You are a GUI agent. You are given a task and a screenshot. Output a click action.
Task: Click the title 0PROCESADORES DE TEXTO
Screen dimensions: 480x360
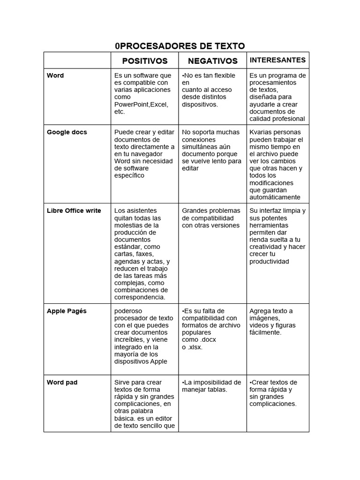pyautogui.click(x=180, y=45)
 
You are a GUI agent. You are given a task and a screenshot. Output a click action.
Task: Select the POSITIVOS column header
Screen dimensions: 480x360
pyautogui.click(x=145, y=61)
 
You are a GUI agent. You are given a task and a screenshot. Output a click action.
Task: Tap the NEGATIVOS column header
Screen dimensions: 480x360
pyautogui.click(x=213, y=61)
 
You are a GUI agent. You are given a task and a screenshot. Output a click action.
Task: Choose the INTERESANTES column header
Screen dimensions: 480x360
pyautogui.click(x=277, y=60)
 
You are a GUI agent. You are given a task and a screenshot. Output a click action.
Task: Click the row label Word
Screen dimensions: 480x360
pyautogui.click(x=55, y=75)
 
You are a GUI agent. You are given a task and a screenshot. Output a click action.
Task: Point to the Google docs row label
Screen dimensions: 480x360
pyautogui.click(x=67, y=132)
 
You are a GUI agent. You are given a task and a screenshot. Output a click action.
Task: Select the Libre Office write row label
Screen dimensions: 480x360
pyautogui.click(x=74, y=210)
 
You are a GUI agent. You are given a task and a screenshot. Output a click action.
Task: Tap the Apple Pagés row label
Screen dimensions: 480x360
pyautogui.click(x=67, y=311)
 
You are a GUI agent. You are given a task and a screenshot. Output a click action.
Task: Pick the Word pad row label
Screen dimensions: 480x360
pyautogui.click(x=62, y=382)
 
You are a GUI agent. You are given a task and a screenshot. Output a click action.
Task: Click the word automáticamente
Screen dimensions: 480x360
pyautogui.click(x=275, y=197)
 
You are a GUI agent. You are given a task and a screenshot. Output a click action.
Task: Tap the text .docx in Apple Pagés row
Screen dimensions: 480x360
pyautogui.click(x=208, y=340)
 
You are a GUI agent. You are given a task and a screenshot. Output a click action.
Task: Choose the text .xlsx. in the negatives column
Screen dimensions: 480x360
pyautogui.click(x=194, y=347)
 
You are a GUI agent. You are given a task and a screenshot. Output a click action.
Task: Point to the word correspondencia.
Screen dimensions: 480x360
pyautogui.click(x=140, y=297)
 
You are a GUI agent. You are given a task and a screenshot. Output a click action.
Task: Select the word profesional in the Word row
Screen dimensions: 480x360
pyautogui.click(x=288, y=119)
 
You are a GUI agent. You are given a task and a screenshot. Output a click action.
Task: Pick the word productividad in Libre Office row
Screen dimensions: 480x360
pyautogui.click(x=269, y=262)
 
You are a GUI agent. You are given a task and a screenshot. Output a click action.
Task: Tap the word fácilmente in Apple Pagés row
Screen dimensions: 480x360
pyautogui.click(x=265, y=332)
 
